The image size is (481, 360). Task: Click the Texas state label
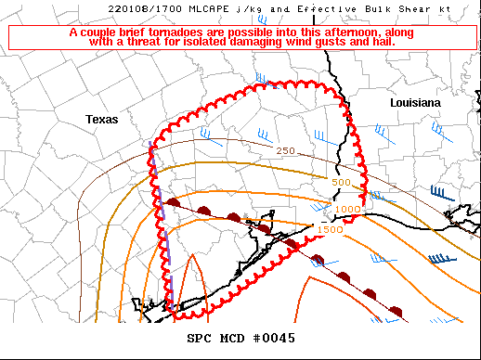pos(103,120)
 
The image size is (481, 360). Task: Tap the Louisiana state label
pos(414,103)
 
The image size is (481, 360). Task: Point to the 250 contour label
pos(285,151)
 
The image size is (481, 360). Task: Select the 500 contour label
pos(342,183)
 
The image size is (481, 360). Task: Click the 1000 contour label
pos(347,210)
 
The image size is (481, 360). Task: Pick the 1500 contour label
pos(330,229)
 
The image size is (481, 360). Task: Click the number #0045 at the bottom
pos(272,338)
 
